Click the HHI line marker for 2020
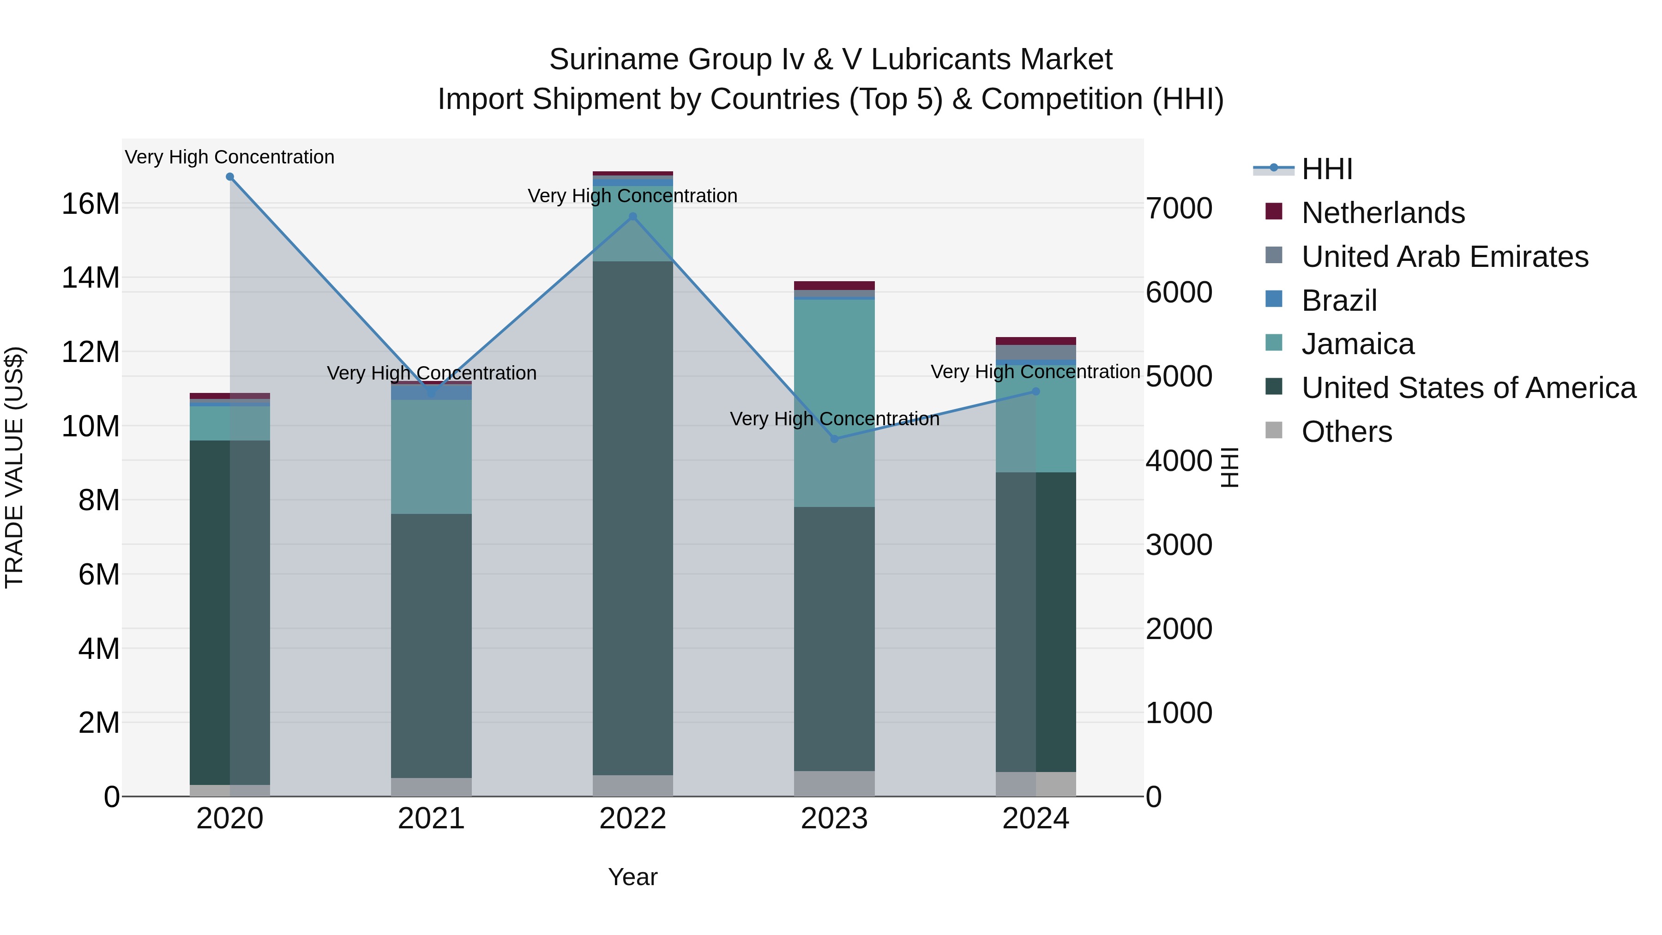coord(230,177)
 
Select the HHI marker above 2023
coord(834,439)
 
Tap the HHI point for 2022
coord(633,217)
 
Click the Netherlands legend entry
coord(1383,213)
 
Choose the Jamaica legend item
coord(1357,344)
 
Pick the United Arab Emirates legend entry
coord(1445,257)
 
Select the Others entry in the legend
coord(1347,432)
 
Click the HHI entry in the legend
coord(1326,169)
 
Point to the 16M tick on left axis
coord(90,204)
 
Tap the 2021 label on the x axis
coord(431,819)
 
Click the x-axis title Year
coord(632,877)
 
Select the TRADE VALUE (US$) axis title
coord(14,467)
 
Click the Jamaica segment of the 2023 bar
coord(834,403)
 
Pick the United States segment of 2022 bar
coord(633,516)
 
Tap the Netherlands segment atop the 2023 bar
coord(834,285)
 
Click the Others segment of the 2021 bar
coord(431,787)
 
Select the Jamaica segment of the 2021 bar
coord(431,456)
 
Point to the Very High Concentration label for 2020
coord(230,157)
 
